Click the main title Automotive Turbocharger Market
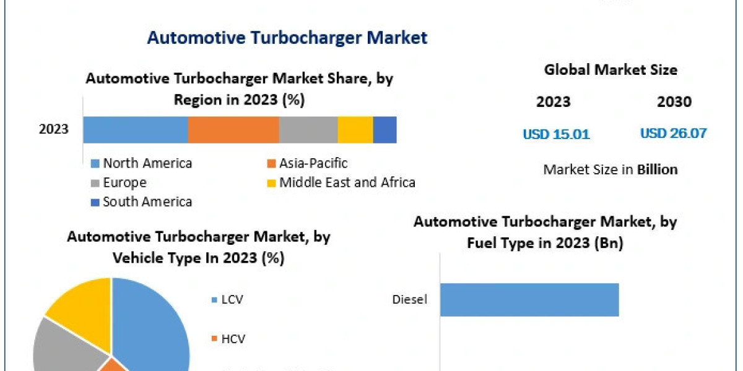click(x=287, y=38)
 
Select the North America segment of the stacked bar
click(x=135, y=130)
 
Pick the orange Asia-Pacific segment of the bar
click(x=233, y=130)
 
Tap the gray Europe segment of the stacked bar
click(x=308, y=130)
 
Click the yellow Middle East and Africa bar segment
click(x=355, y=130)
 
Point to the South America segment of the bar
click(x=385, y=130)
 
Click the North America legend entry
click(x=141, y=163)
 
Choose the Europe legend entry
click(x=118, y=182)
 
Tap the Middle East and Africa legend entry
click(x=341, y=182)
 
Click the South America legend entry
click(x=141, y=202)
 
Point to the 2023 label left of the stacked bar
click(x=54, y=130)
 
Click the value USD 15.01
click(x=556, y=134)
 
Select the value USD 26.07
click(x=673, y=133)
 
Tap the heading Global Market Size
click(x=610, y=70)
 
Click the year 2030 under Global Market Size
click(x=674, y=102)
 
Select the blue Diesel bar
click(x=529, y=300)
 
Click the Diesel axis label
click(x=409, y=300)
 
